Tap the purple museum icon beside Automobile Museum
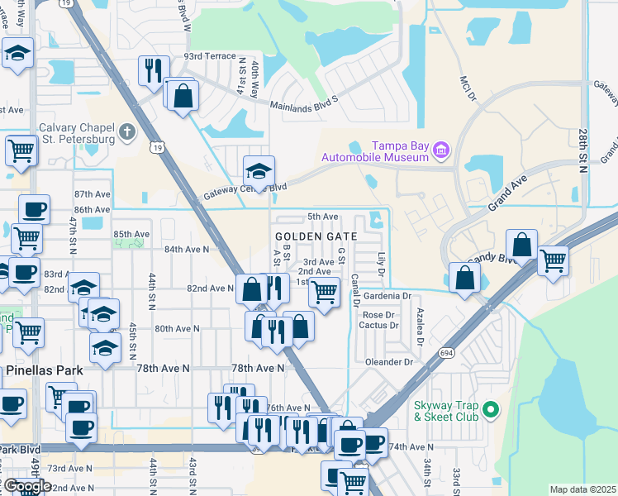click(x=441, y=150)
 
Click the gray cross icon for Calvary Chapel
click(x=126, y=131)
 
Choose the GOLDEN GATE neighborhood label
click(x=316, y=236)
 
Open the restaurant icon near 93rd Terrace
click(x=154, y=71)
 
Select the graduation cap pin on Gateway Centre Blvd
click(x=258, y=171)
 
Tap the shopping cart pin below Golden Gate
click(x=324, y=291)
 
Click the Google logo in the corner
click(x=26, y=486)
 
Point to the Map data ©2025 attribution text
click(x=582, y=489)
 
